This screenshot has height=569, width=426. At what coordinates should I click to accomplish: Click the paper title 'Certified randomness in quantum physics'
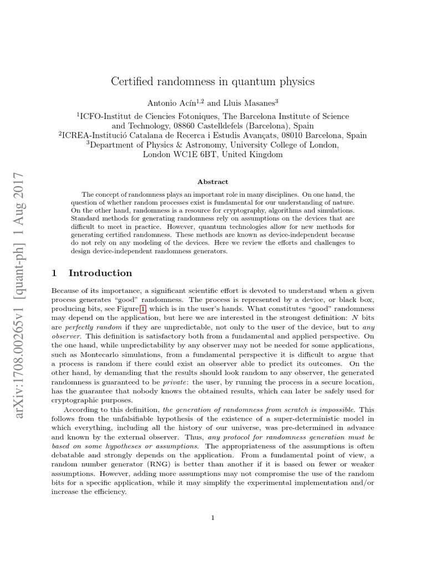(213, 81)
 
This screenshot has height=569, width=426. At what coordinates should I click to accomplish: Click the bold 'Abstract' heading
(212, 182)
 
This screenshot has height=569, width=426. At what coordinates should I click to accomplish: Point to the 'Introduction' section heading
(100, 273)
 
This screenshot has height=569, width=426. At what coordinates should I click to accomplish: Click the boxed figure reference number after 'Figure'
(143, 308)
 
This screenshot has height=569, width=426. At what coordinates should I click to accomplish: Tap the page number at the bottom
(212, 518)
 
